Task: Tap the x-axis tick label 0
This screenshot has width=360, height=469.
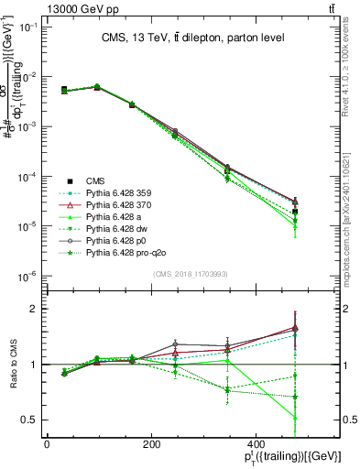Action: [x=47, y=443]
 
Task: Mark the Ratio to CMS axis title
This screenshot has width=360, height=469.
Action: [x=13, y=365]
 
